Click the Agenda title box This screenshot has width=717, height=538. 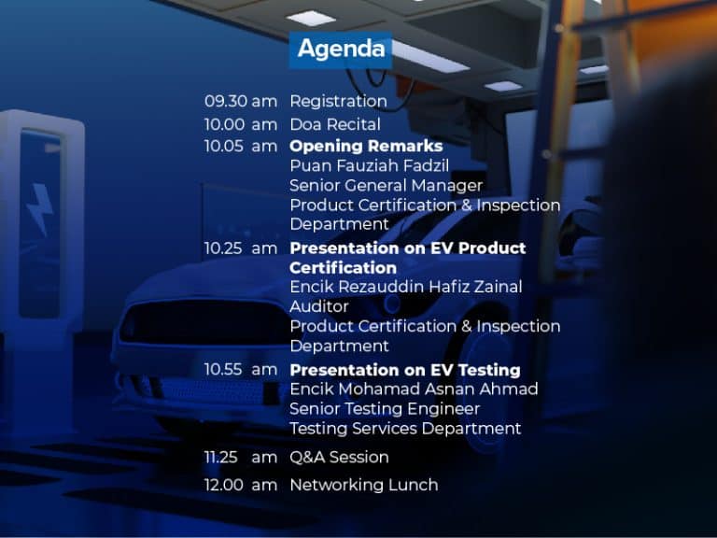(341, 50)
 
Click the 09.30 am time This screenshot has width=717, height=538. (241, 101)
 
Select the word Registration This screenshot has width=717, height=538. (338, 102)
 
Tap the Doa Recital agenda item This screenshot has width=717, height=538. (335, 124)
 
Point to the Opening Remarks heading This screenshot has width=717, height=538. (366, 146)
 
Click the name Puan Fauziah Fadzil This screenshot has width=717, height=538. (370, 165)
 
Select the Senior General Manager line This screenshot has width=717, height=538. (387, 186)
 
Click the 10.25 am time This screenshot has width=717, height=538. (241, 248)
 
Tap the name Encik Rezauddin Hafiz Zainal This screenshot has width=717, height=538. (406, 287)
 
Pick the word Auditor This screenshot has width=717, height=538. (319, 306)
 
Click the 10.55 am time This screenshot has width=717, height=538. (241, 370)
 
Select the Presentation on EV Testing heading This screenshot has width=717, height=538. (405, 370)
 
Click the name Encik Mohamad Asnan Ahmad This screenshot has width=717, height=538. (414, 389)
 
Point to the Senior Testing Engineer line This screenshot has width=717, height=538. (385, 409)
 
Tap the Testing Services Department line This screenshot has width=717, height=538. (405, 429)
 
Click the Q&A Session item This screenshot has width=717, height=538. (339, 457)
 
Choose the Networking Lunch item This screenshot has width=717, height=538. (364, 485)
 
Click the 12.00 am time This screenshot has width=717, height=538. (241, 485)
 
